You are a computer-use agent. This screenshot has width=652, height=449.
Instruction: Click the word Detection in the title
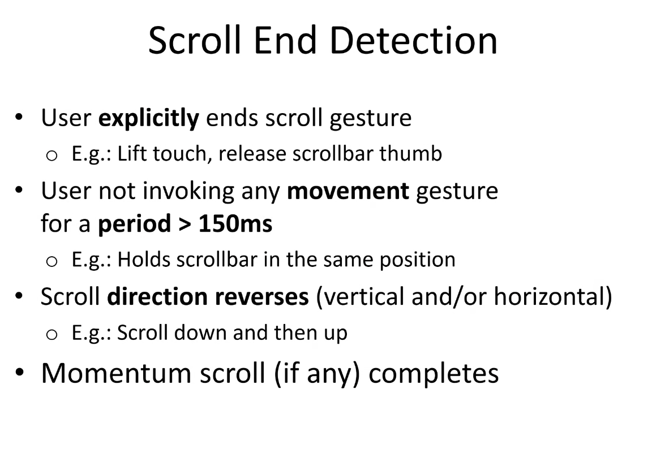tap(414, 40)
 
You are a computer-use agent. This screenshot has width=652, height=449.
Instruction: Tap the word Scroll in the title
tap(195, 40)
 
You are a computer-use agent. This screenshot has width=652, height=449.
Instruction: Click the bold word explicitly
tap(149, 118)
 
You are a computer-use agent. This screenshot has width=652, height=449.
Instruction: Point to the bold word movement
tap(348, 191)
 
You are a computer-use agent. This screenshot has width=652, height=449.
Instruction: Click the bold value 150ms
tap(235, 223)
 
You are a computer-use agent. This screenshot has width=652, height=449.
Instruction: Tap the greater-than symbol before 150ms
tap(185, 225)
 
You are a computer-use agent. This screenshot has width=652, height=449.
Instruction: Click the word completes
tap(434, 374)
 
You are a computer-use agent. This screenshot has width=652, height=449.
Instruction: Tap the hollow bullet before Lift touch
tap(52, 156)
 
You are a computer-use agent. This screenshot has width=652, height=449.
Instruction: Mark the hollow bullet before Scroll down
tap(52, 335)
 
